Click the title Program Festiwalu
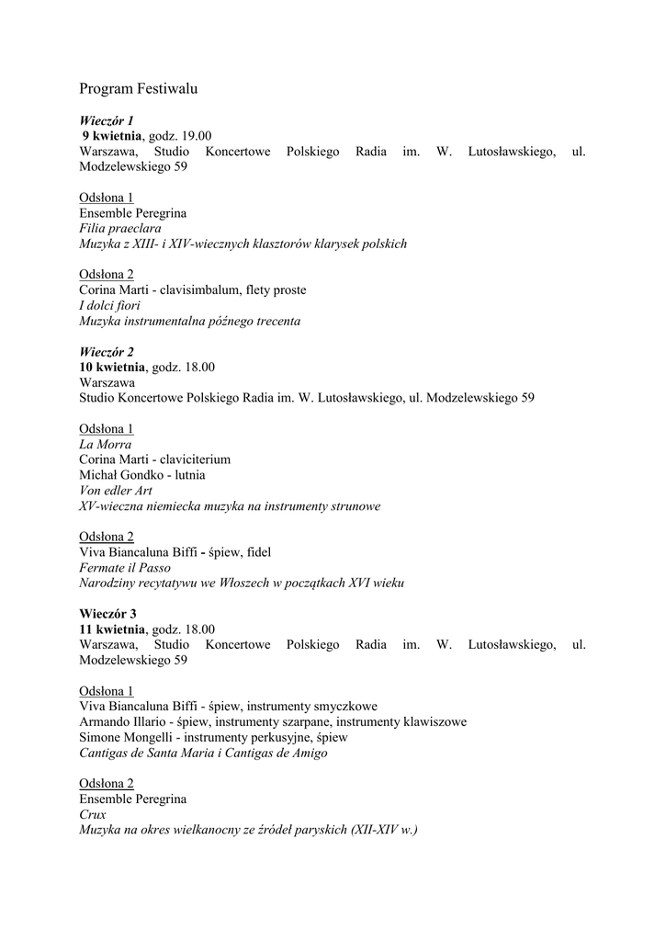138,89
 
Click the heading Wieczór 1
107,120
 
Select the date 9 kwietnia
113,136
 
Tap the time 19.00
196,136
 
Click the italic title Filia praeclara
120,228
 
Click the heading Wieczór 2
107,352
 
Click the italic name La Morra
106,444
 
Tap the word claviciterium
193,459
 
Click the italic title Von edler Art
116,491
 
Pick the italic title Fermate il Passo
125,568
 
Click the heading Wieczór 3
107,613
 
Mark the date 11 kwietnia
112,629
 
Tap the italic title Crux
93,814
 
